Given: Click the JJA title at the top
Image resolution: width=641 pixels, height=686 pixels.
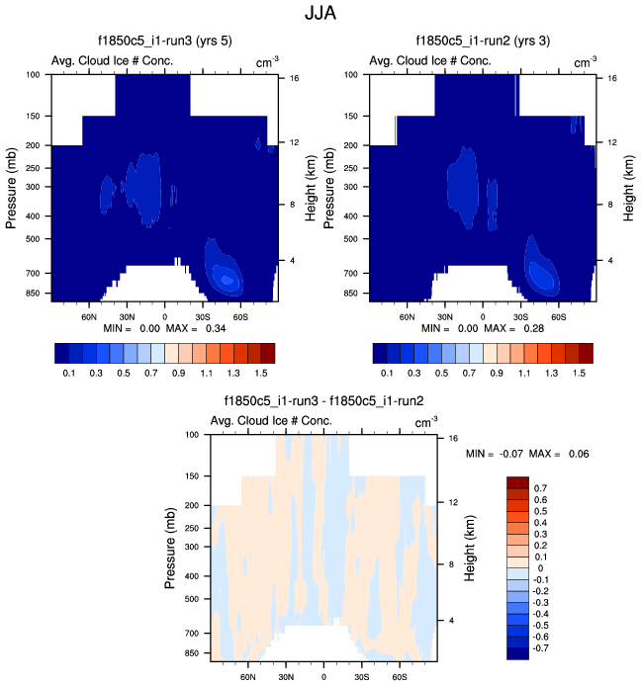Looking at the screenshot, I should point(320,15).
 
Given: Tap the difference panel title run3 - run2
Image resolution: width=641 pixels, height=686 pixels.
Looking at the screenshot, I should point(324,401).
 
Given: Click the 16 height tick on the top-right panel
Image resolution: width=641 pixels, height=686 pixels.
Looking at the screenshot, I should point(612,77).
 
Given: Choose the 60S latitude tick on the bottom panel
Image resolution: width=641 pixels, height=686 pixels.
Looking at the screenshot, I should point(399,679).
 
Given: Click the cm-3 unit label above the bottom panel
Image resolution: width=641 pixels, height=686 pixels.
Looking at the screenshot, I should point(423,423).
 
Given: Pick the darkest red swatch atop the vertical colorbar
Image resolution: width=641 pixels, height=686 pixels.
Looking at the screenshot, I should point(518,482).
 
